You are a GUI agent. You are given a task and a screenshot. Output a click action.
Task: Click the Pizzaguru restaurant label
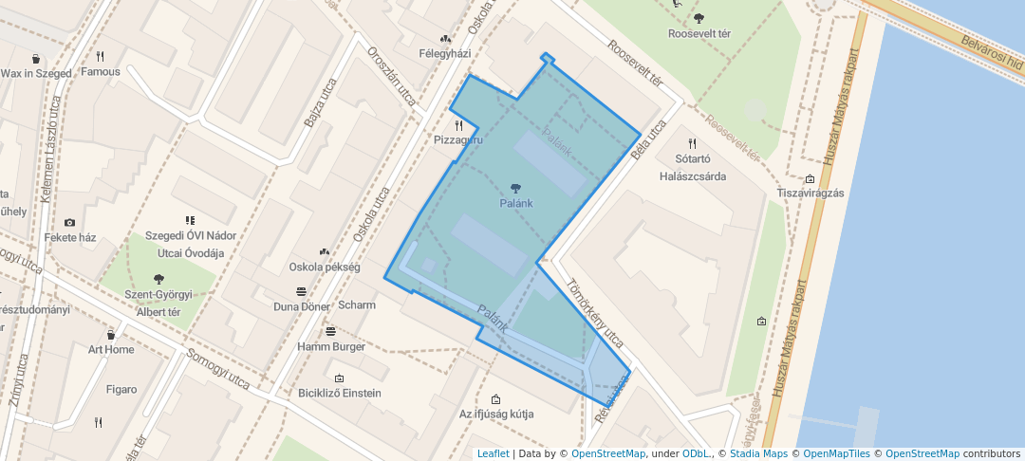(x=458, y=139)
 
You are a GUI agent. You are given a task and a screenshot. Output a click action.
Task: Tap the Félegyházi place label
(x=445, y=53)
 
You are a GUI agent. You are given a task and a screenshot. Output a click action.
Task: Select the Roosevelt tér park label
(x=699, y=33)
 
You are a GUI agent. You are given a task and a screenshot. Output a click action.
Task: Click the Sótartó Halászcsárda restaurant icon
(x=692, y=143)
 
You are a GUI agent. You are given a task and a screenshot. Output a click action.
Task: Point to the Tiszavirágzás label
(x=810, y=193)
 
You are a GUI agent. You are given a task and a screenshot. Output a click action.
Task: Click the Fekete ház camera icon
(x=69, y=223)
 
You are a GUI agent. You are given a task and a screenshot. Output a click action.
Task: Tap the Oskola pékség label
(x=324, y=267)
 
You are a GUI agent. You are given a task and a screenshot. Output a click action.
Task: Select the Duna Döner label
(x=301, y=306)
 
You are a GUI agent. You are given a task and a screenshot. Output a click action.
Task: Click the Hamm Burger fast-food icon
(x=330, y=331)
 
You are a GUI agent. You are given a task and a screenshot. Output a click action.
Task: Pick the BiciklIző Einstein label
(x=339, y=393)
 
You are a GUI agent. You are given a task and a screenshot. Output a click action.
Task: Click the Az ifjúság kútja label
(x=495, y=414)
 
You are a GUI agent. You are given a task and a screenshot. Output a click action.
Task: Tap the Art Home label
(x=111, y=349)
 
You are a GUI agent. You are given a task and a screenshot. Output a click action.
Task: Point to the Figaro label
(x=121, y=389)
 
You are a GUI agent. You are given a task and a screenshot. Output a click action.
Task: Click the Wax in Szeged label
(x=36, y=73)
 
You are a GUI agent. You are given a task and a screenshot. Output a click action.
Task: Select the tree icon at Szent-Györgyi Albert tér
(x=158, y=279)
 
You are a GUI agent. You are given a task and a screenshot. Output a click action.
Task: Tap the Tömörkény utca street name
(x=595, y=312)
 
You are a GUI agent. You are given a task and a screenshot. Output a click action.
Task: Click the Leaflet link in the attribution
(x=493, y=453)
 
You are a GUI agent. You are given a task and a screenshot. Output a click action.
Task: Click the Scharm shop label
(x=357, y=304)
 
